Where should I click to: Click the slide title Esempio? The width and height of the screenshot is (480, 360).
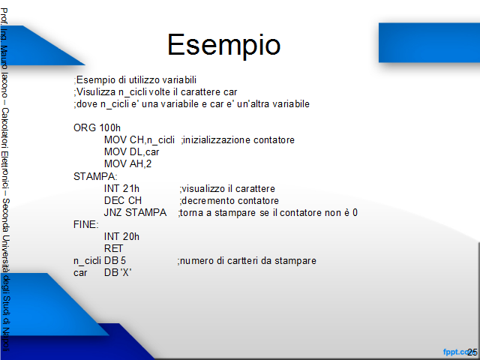[x=223, y=45]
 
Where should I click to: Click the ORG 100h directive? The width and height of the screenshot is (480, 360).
[x=97, y=127]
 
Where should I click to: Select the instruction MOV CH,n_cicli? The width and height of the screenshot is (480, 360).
[x=139, y=140]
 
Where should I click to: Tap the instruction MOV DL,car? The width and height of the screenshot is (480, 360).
[x=132, y=151]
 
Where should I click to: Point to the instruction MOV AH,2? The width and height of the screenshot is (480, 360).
[x=127, y=163]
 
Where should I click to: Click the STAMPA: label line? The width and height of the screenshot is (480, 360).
[x=95, y=176]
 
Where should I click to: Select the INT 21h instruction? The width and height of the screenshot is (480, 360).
[x=121, y=188]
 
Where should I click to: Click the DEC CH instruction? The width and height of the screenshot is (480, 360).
[x=123, y=200]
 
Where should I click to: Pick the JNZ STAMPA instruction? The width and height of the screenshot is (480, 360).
[x=135, y=212]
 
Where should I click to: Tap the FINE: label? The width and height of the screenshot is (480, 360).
[x=86, y=224]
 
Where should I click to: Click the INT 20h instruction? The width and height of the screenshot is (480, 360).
[x=121, y=236]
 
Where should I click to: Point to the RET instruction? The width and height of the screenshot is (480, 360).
[x=113, y=248]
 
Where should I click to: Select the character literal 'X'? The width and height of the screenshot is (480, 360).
[x=126, y=272]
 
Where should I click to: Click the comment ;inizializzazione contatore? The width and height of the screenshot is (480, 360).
[x=238, y=140]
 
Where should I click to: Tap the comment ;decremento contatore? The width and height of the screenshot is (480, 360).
[x=229, y=200]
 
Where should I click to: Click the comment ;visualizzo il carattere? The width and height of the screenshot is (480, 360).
[x=227, y=188]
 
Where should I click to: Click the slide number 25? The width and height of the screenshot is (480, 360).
[x=472, y=352]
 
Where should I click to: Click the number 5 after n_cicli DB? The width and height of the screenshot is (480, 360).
[x=123, y=260]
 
